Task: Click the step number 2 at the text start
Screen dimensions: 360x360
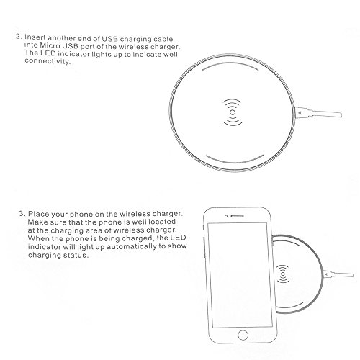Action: [19, 37]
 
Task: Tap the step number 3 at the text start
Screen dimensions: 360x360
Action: [22, 213]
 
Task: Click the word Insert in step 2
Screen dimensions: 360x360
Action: [35, 37]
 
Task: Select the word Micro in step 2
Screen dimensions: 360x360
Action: [50, 45]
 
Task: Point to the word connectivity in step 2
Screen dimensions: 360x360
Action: [48, 61]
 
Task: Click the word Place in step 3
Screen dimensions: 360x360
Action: [38, 214]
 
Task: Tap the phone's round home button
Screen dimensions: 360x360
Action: [243, 335]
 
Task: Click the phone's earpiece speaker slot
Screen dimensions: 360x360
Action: [237, 216]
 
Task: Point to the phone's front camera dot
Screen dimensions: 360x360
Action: [226, 216]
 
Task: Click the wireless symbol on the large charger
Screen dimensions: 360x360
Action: [233, 112]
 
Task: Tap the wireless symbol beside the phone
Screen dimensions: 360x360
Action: [283, 274]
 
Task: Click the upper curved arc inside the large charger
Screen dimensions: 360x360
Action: [230, 64]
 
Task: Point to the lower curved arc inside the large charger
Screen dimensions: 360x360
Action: [235, 162]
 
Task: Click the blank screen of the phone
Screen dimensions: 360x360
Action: [240, 275]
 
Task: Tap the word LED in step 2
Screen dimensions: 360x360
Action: [48, 53]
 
